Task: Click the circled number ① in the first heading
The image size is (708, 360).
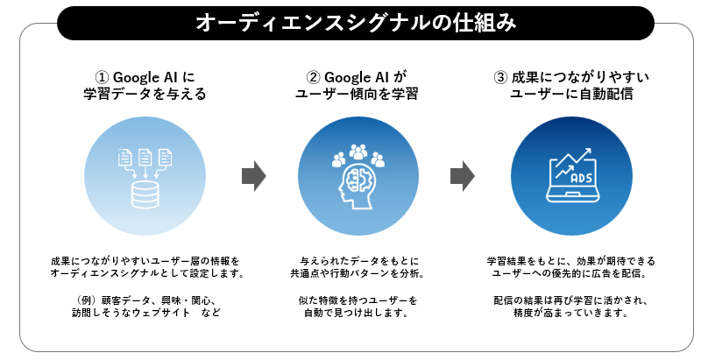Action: tap(101, 75)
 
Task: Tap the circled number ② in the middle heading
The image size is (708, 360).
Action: tap(313, 75)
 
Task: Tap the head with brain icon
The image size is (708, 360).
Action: tap(356, 189)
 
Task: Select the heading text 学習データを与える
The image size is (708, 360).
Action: tap(144, 95)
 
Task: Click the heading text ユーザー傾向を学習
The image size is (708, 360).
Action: tap(354, 95)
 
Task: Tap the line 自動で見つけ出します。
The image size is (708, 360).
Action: tap(355, 314)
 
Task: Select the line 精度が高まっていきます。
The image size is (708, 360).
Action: tap(571, 314)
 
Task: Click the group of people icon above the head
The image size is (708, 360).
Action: tap(358, 155)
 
